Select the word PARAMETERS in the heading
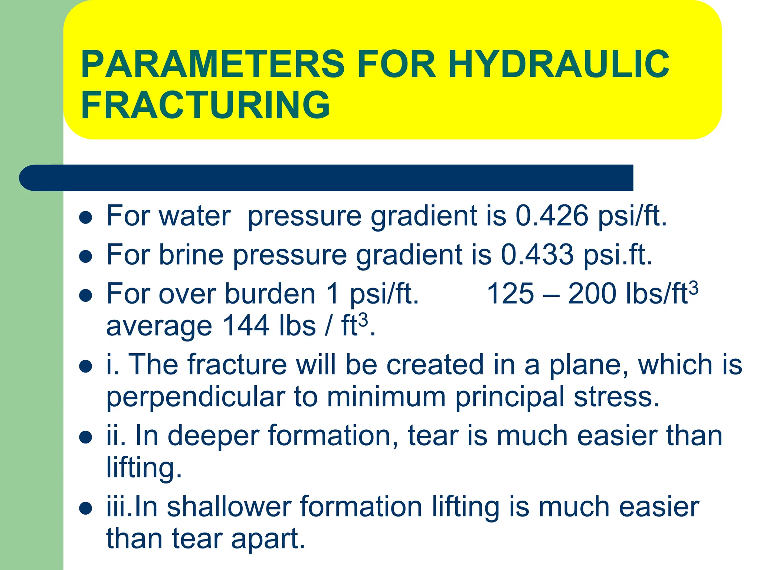pos(213,64)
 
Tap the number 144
pos(246,325)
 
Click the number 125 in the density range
pos(510,294)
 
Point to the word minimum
pos(386,397)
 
